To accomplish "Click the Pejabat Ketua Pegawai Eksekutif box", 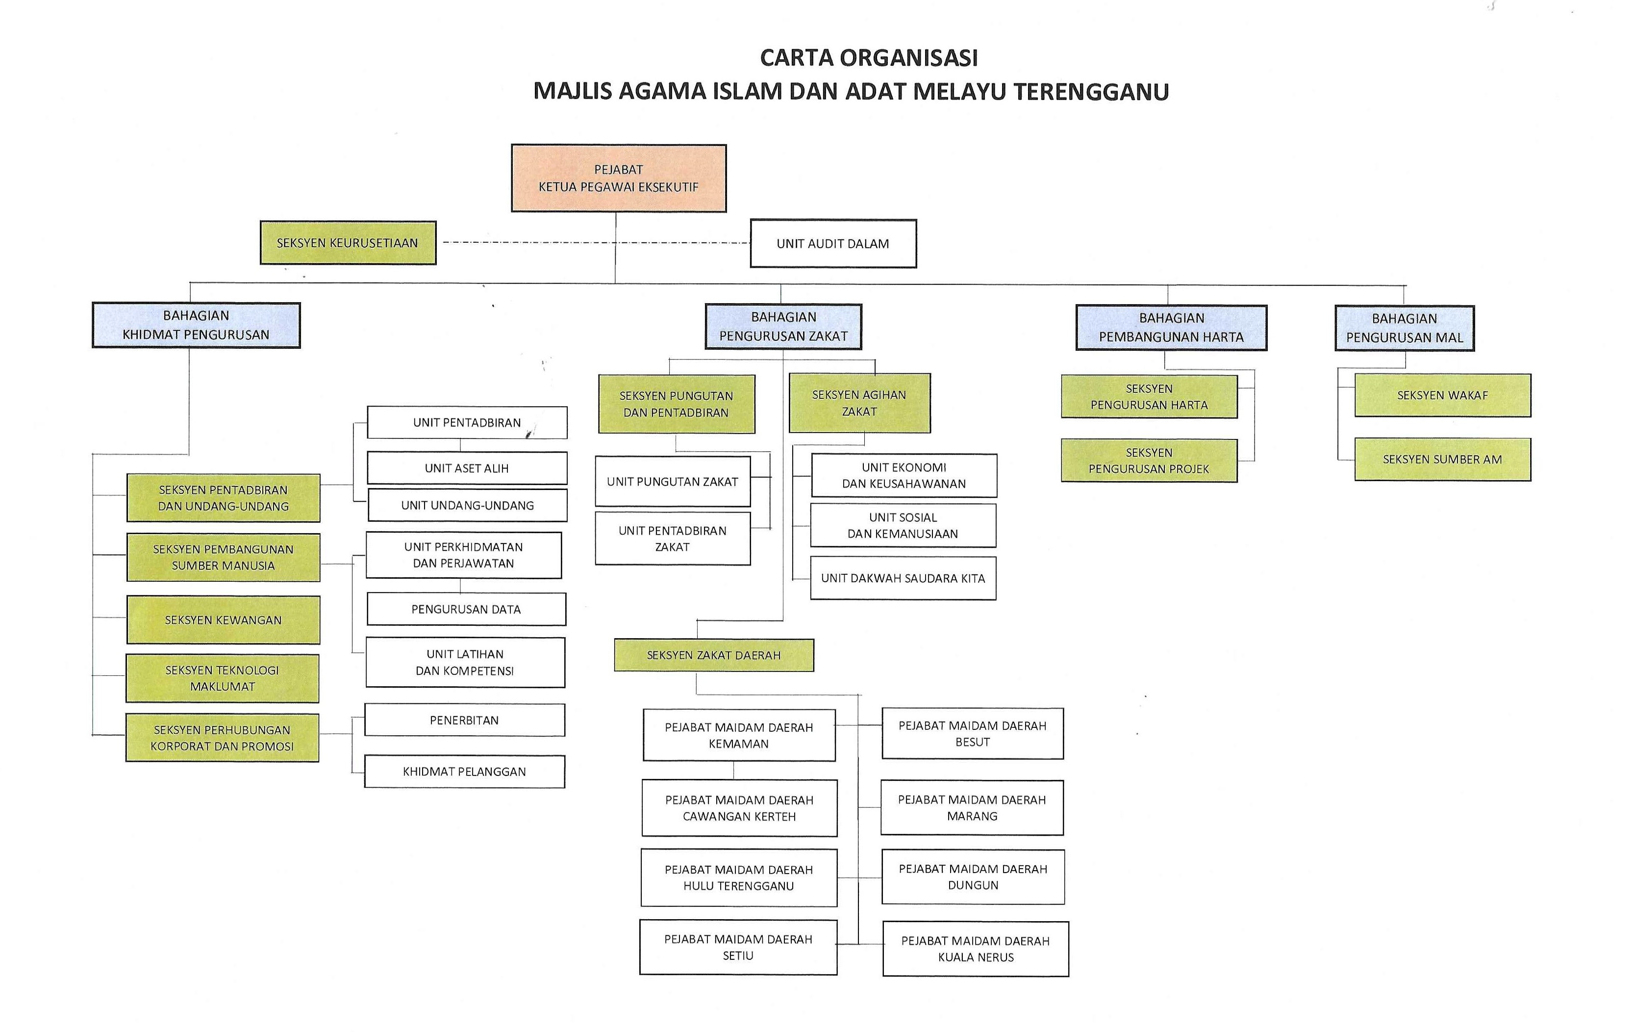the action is click(619, 178).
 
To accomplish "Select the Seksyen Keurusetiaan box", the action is click(348, 242).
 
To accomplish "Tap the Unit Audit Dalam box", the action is click(833, 244).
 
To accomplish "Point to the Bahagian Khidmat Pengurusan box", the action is click(196, 325).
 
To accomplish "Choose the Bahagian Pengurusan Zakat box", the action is click(783, 326).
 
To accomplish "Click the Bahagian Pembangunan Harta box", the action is click(1171, 328).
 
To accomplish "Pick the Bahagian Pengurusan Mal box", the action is click(1405, 328).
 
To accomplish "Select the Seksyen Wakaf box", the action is click(1442, 395).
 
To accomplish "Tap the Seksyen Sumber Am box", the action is click(1442, 459).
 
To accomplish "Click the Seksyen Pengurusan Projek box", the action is click(1149, 461).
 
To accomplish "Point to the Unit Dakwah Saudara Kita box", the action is click(903, 578).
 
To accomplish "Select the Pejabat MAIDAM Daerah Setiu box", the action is click(738, 947).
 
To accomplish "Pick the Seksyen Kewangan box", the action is click(223, 619).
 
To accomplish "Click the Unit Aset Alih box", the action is click(467, 468).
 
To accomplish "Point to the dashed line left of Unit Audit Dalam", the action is click(596, 242).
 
